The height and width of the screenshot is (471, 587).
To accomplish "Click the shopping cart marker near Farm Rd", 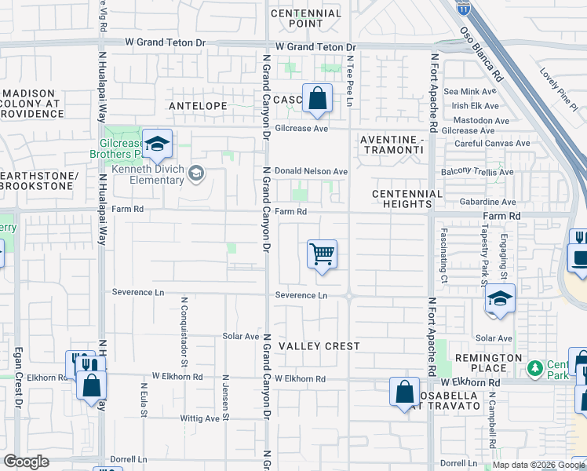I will click(322, 255).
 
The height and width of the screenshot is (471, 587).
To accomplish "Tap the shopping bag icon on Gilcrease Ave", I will click(317, 100).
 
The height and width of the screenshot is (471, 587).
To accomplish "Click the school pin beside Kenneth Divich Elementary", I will click(196, 173).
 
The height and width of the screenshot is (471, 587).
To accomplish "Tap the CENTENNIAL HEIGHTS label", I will click(407, 199).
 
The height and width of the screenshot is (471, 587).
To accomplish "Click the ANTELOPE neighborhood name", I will click(197, 105).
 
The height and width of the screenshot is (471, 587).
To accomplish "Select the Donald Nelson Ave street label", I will click(311, 171).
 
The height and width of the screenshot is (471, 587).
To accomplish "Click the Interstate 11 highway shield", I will click(466, 8).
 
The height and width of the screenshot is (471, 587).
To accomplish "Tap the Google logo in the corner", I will click(26, 462).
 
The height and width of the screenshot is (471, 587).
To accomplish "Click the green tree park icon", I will click(535, 367).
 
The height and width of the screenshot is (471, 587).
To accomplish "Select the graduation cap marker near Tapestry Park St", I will click(500, 299).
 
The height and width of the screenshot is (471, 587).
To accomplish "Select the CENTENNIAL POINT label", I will click(306, 18).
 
